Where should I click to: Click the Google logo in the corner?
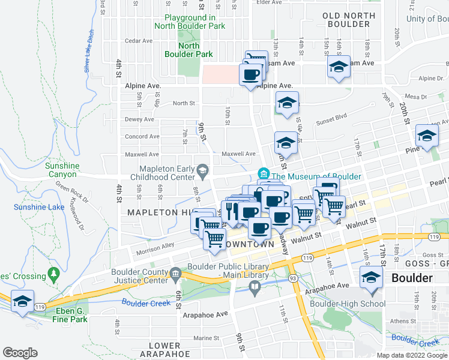[20, 353]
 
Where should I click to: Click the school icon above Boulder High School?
[371, 278]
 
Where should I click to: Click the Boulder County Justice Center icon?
[175, 274]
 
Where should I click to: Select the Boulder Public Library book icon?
[255, 289]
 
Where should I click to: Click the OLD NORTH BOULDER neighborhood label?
[346, 20]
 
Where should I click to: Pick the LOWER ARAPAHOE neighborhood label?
[164, 350]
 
